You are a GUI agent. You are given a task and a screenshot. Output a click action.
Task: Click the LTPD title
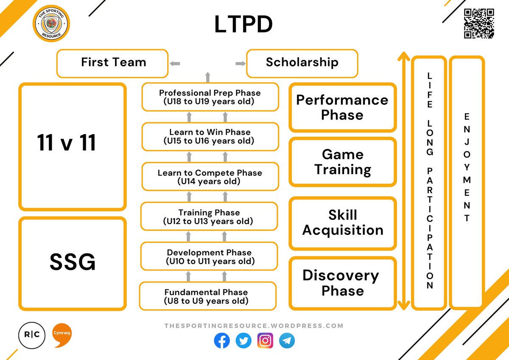click(x=243, y=25)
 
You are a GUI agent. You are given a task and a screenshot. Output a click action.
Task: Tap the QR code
click(x=479, y=24)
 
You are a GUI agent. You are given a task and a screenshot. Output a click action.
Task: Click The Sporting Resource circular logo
click(x=51, y=23)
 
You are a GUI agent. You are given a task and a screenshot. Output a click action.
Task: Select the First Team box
click(x=112, y=63)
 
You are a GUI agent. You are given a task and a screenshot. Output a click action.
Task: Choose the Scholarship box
click(x=302, y=63)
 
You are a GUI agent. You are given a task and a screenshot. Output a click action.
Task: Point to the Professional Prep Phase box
click(x=210, y=97)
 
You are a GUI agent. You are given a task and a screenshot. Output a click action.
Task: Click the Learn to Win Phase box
click(x=210, y=136)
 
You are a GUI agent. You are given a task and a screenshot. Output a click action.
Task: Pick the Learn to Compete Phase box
click(x=210, y=177)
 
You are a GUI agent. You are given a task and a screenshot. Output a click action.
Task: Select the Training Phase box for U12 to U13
click(x=209, y=217)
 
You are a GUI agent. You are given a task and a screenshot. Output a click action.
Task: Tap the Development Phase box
click(x=209, y=256)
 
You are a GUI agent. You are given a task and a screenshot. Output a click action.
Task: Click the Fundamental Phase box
click(x=207, y=296)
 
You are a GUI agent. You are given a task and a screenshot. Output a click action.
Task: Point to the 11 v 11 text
click(x=67, y=143)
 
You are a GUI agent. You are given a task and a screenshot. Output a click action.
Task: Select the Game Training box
click(x=343, y=162)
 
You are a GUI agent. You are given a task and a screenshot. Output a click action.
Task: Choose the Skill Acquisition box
click(x=343, y=222)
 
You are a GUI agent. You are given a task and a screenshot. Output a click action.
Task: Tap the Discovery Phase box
click(x=343, y=283)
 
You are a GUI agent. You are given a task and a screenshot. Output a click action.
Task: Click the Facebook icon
click(x=222, y=340)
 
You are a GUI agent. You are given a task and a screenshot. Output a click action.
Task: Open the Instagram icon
click(x=266, y=340)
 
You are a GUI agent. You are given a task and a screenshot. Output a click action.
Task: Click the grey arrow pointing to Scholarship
click(x=241, y=64)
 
